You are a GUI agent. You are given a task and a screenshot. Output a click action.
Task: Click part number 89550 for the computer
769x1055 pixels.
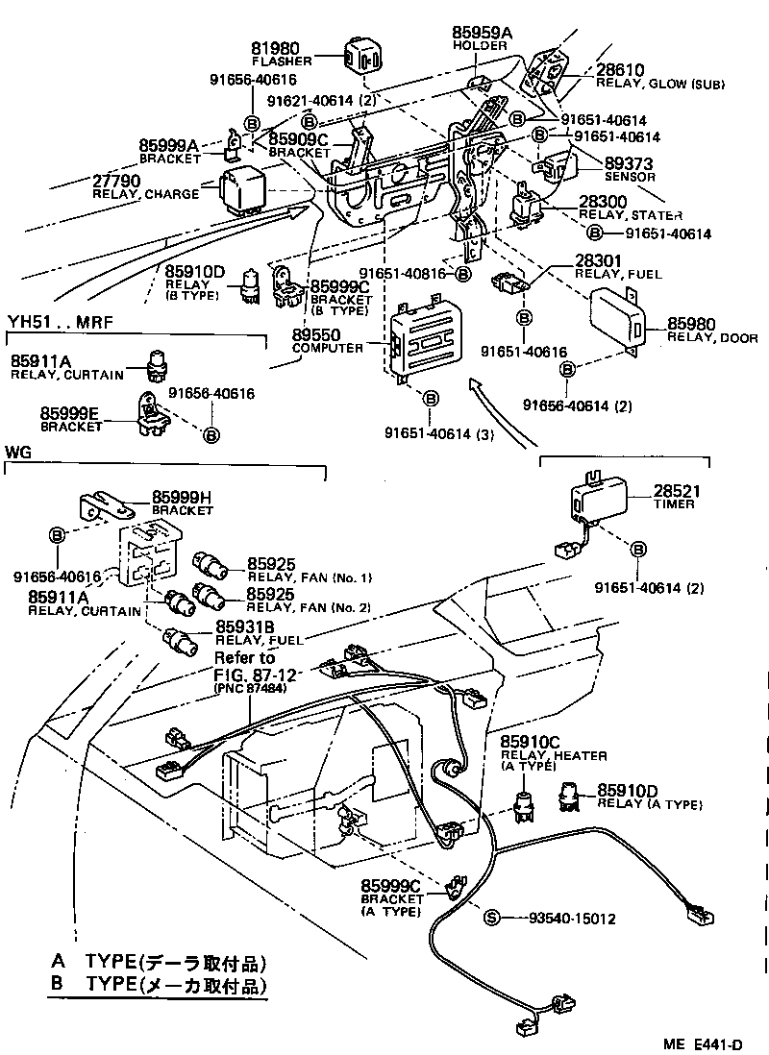click(x=316, y=335)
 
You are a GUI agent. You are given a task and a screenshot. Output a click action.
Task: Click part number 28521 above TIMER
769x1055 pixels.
click(x=678, y=491)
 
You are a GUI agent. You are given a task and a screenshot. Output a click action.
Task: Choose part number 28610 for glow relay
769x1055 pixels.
click(x=621, y=70)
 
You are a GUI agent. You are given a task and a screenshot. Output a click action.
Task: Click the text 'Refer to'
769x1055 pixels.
click(x=244, y=658)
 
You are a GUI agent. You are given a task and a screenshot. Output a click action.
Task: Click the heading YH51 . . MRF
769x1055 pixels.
click(x=61, y=322)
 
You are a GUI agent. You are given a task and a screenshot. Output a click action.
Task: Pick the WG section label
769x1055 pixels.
click(x=18, y=451)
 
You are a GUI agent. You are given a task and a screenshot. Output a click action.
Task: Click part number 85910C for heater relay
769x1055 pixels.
click(x=529, y=742)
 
